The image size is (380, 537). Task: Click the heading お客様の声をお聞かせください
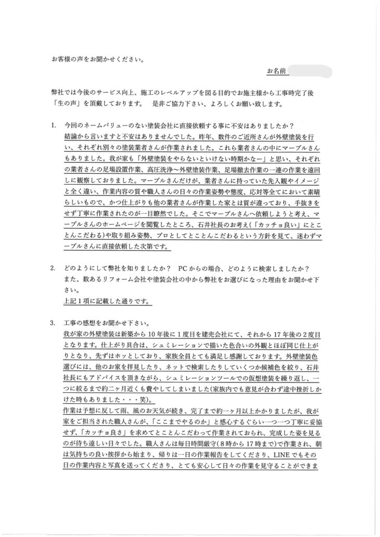(98, 59)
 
